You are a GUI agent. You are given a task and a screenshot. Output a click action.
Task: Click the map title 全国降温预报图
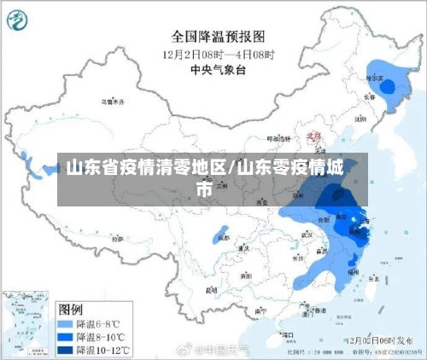click(x=217, y=38)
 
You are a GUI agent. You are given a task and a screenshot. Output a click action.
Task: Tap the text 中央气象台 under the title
click(x=217, y=69)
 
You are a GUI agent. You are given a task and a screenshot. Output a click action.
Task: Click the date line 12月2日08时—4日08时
click(x=217, y=54)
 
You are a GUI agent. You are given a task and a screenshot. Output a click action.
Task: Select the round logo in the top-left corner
click(x=22, y=22)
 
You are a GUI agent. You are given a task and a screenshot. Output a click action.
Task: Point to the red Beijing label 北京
click(x=313, y=134)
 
